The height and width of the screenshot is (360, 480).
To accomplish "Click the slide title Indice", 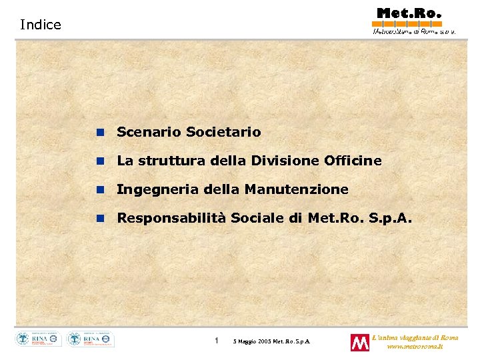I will point(40,25).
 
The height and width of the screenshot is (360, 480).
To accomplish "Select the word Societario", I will point(223,132).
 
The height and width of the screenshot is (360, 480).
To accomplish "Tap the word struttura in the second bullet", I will point(164,161).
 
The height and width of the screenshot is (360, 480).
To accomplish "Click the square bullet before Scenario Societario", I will point(100,133).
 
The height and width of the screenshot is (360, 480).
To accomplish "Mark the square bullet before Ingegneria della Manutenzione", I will point(100,190).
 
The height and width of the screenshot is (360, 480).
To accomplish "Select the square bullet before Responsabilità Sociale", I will point(100,219).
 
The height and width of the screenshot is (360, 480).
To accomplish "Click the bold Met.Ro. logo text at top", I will point(409,13).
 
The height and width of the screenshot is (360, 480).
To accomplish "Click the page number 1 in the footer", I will point(217,341).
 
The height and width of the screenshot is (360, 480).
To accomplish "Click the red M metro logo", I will point(360,343).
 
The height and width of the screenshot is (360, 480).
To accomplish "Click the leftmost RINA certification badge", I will point(39,339).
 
